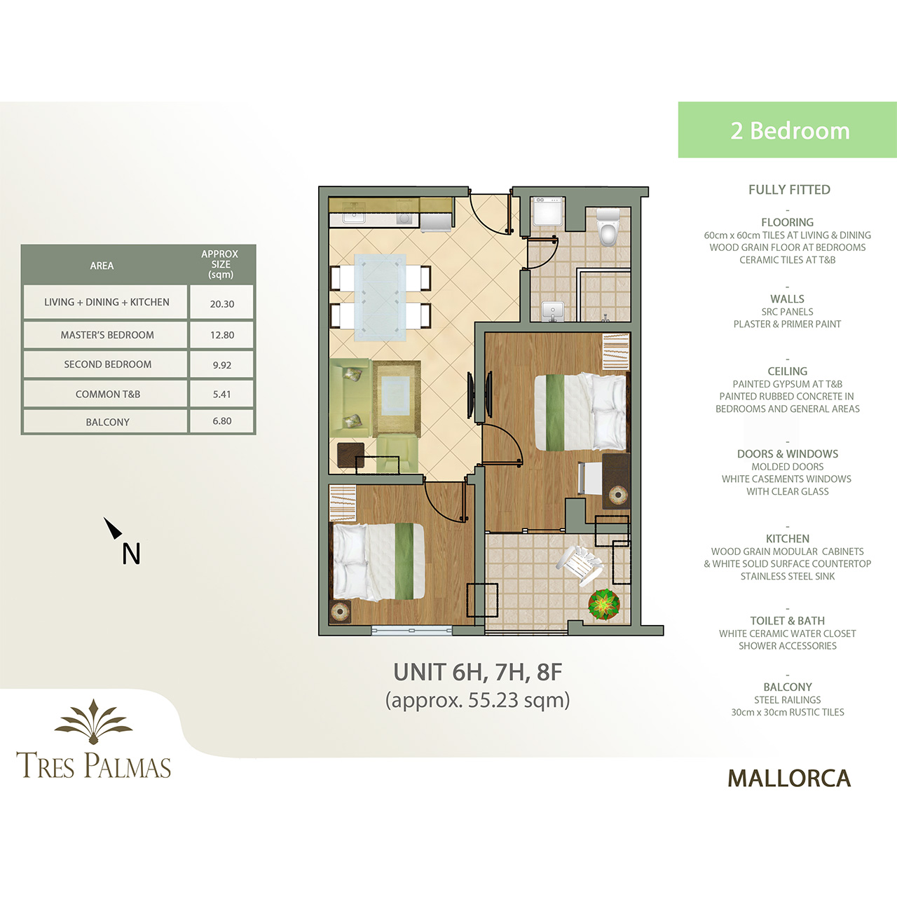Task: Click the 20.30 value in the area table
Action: coord(222,304)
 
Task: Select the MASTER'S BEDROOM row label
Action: coord(107,335)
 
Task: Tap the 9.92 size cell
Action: coord(222,365)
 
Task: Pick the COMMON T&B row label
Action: coord(107,394)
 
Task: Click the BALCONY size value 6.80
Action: coord(222,420)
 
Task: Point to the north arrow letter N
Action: coord(131,554)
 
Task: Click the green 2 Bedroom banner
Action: coord(787,130)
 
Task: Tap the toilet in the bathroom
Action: coord(608,226)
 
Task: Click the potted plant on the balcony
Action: coord(604,605)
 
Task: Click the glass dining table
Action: coord(380,298)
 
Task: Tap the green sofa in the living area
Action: coord(350,398)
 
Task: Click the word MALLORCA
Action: coord(789,779)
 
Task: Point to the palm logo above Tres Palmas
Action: coord(94,721)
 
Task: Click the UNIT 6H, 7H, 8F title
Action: coord(478,672)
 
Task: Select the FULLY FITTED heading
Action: coord(789,189)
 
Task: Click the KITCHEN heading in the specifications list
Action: coord(788,539)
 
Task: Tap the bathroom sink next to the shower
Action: coord(553,311)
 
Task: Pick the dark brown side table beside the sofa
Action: coord(350,455)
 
